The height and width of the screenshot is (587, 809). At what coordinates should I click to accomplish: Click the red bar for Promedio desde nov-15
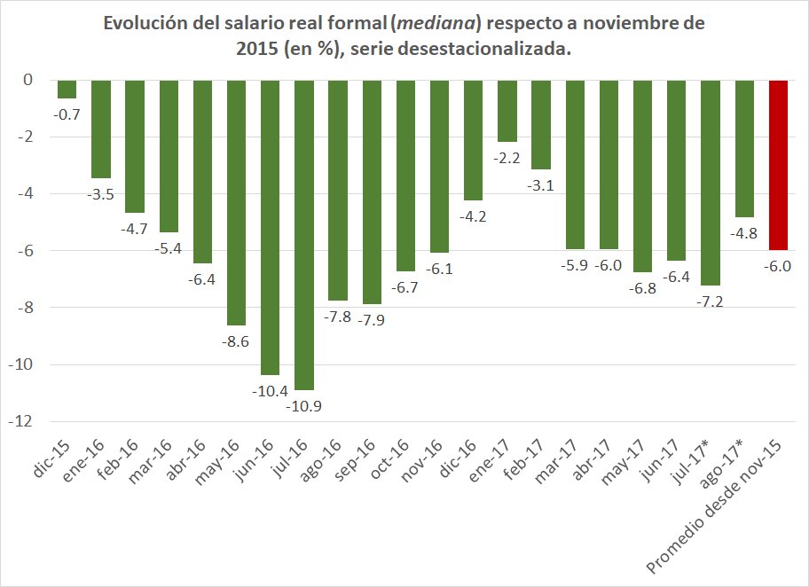[x=778, y=165]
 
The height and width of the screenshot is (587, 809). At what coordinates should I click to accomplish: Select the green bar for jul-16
[x=304, y=235]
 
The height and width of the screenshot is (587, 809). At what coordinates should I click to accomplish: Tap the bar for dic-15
[x=67, y=89]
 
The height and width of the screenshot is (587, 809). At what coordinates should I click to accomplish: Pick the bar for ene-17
[x=507, y=111]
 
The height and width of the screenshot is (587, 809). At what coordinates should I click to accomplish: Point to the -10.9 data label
[x=304, y=405]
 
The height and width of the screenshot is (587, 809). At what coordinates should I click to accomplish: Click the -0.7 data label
[x=67, y=113]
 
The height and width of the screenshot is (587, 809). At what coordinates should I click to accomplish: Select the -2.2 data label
[x=507, y=157]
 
